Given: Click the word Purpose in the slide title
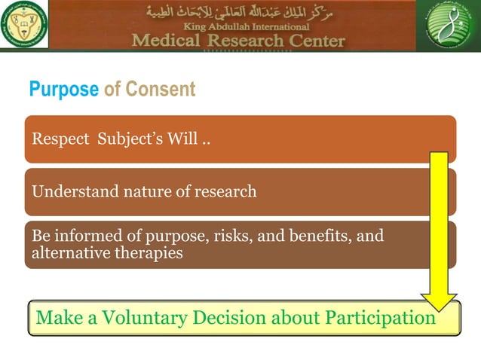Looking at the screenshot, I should [63, 90].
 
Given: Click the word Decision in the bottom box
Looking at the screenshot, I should [227, 317].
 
